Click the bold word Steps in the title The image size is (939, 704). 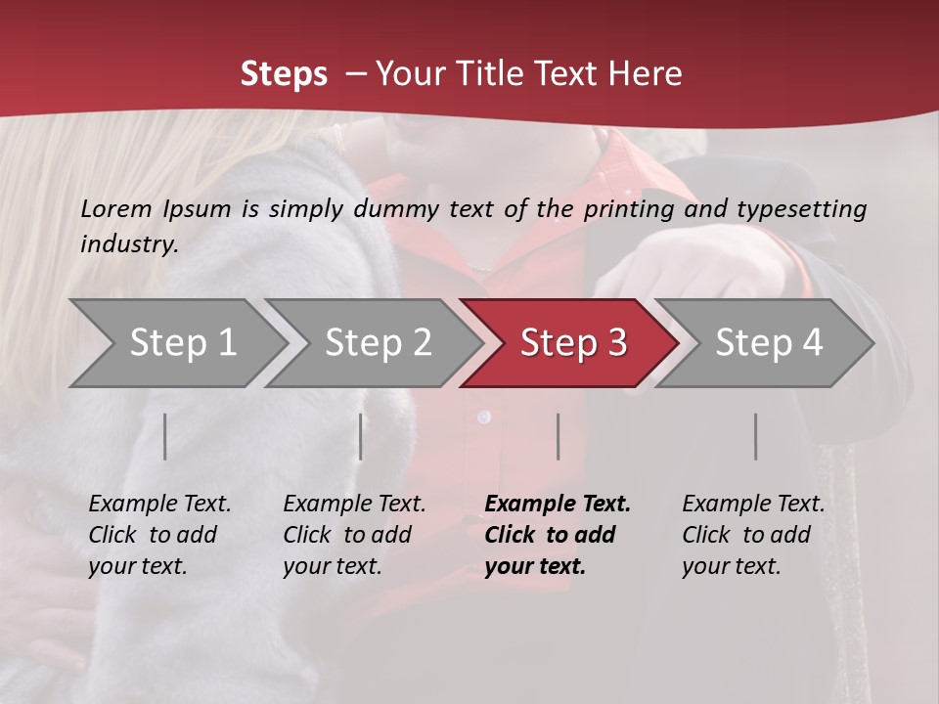[284, 74]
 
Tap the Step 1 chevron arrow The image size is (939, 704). [176, 343]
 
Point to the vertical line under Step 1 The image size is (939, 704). [165, 436]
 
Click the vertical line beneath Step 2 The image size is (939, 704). [361, 436]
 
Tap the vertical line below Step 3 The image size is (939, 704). [559, 436]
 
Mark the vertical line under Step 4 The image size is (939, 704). [756, 436]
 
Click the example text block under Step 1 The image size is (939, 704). [159, 535]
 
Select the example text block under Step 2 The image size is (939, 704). [354, 535]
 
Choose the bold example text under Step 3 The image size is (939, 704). [558, 535]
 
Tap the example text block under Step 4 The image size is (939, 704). [753, 535]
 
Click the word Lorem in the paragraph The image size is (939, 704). [116, 208]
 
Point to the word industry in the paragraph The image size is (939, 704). [129, 244]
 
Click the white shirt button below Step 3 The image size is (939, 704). [482, 418]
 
